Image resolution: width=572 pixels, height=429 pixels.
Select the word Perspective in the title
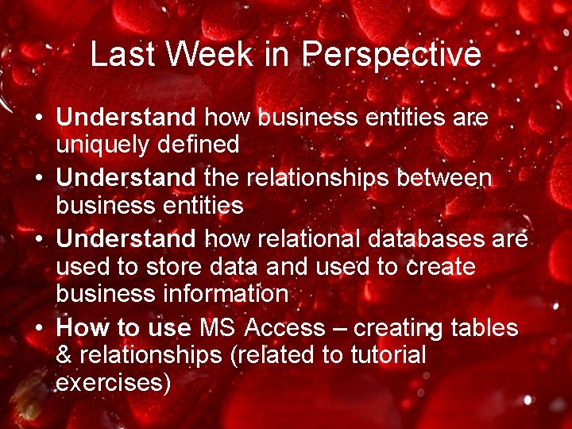392,55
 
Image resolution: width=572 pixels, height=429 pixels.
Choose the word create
441,267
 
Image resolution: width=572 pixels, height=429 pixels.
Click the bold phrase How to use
124,327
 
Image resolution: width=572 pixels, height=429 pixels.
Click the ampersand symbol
64,355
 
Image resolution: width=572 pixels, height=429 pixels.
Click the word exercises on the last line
113,383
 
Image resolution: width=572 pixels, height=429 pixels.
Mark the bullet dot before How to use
38,328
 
